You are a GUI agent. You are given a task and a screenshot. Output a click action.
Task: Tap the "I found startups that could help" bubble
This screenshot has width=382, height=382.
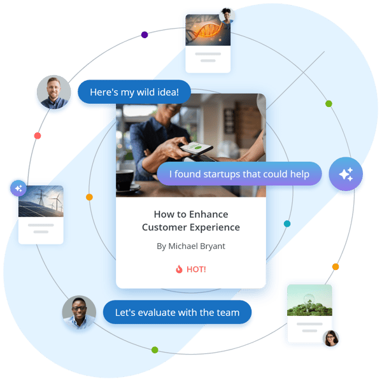click(x=239, y=174)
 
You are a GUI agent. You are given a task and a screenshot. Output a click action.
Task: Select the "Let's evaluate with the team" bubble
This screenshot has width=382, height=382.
click(x=177, y=313)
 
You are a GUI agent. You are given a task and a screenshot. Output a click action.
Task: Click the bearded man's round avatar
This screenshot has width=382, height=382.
click(x=53, y=93)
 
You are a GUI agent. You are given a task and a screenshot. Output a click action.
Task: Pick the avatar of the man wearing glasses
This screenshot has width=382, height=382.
click(x=79, y=313)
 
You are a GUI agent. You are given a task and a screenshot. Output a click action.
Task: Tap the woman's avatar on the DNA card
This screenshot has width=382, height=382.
click(x=226, y=15)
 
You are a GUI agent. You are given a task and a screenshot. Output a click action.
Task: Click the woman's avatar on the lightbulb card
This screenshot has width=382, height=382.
click(x=330, y=338)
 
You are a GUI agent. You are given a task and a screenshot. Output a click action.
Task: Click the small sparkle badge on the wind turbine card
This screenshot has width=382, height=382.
click(x=18, y=188)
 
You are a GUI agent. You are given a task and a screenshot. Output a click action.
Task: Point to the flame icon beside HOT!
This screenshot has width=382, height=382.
click(x=179, y=269)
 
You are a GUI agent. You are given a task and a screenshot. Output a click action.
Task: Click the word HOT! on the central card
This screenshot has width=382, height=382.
click(x=196, y=269)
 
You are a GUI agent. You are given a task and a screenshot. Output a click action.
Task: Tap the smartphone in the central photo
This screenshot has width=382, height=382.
click(x=197, y=150)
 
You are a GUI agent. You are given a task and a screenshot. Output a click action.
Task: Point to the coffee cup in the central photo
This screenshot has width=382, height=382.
click(x=126, y=181)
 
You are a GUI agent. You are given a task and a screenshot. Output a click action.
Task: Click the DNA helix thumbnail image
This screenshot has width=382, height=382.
click(x=207, y=30)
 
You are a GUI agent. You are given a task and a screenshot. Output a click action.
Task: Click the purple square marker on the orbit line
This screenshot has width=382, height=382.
click(x=145, y=34)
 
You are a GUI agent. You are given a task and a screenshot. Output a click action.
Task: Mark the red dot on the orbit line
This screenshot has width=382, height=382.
click(x=38, y=136)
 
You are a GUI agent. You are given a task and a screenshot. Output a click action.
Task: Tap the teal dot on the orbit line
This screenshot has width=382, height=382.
click(x=287, y=224)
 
